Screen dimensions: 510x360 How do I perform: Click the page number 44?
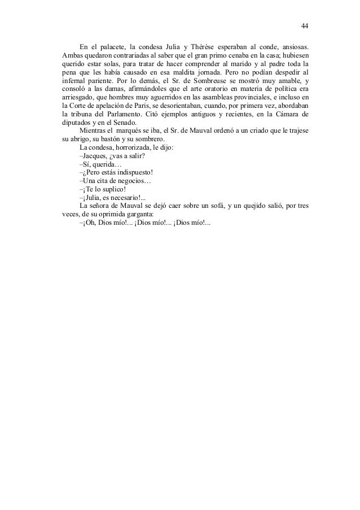[305, 26]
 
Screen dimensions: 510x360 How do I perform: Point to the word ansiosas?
[293, 47]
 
